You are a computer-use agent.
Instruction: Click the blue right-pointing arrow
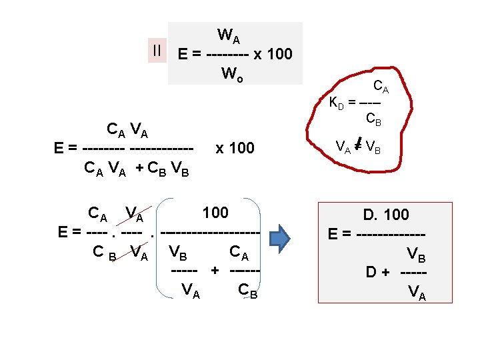click(280, 235)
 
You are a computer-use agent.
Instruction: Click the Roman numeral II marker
click(157, 50)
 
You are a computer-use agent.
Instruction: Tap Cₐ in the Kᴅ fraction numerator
click(381, 86)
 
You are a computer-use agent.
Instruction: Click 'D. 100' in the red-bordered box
click(386, 215)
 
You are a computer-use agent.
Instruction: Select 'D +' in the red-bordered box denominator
click(377, 273)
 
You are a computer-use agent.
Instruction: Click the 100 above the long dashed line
click(215, 213)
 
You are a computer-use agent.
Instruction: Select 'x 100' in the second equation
click(235, 148)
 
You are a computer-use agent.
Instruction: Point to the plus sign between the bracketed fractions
click(215, 271)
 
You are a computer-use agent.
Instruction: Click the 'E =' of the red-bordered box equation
click(340, 235)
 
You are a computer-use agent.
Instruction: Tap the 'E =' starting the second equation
click(67, 148)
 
